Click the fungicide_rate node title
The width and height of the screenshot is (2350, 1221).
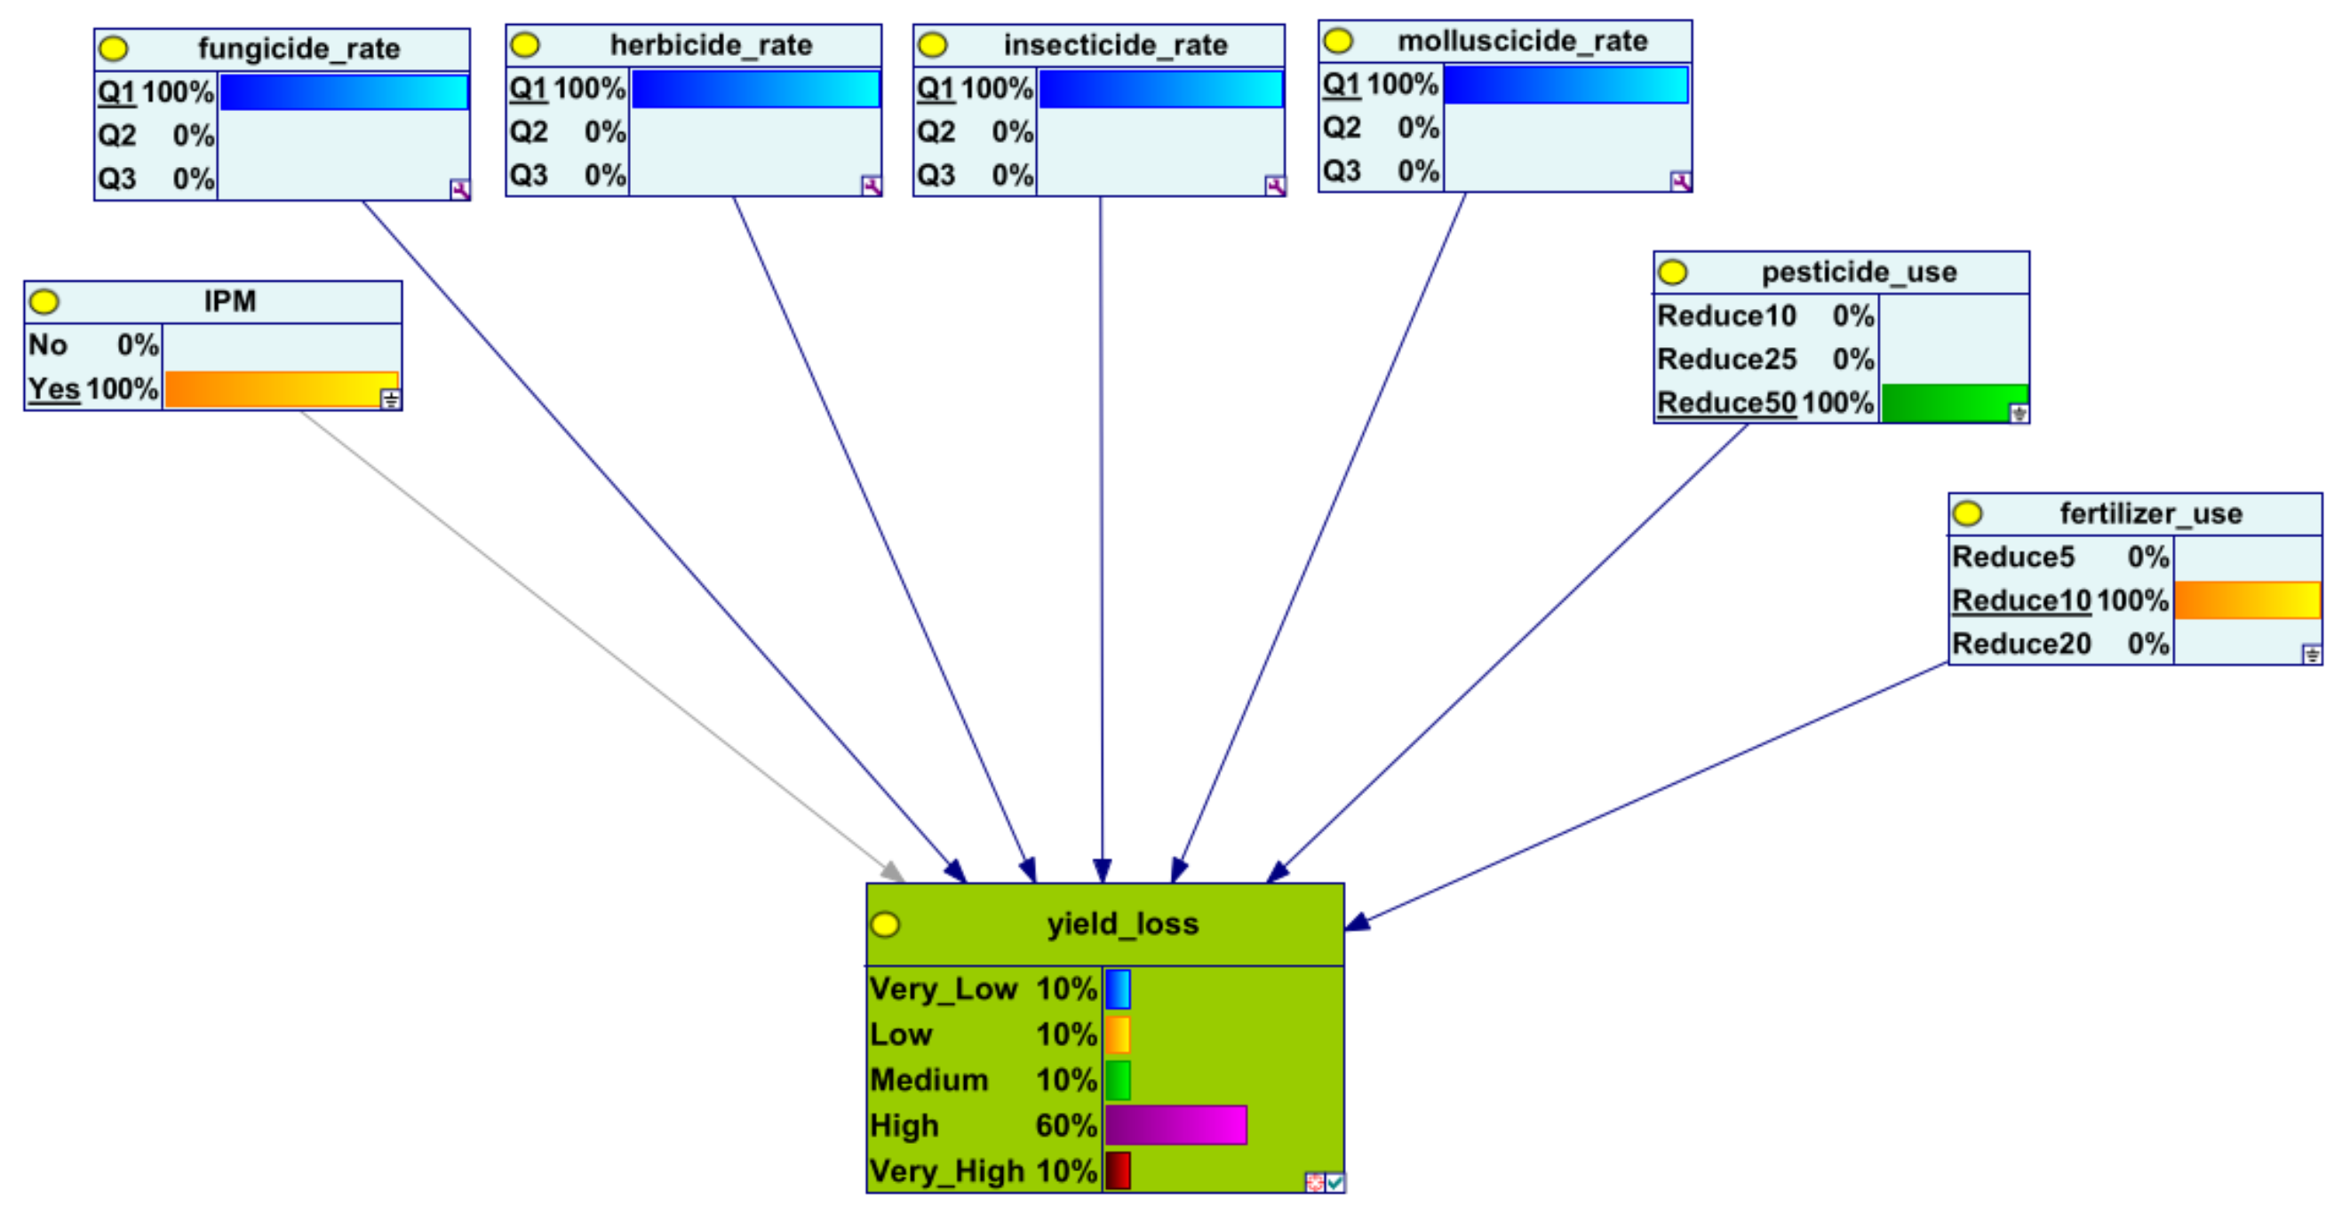click(x=299, y=48)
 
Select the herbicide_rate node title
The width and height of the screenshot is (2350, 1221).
click(x=711, y=44)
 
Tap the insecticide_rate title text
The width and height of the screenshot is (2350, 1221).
click(x=1115, y=44)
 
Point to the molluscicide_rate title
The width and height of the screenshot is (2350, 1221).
click(x=1523, y=41)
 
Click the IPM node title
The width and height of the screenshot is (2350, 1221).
click(x=230, y=301)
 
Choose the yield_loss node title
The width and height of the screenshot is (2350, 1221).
click(x=1122, y=924)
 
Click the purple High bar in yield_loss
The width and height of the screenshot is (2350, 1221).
click(x=1175, y=1125)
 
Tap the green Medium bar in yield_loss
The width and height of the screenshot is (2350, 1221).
click(x=1118, y=1080)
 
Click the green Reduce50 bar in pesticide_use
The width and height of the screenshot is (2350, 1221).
click(x=1952, y=403)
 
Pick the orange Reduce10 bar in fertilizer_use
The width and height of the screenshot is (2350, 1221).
click(x=2246, y=600)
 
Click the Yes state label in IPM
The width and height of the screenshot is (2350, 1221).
click(x=55, y=389)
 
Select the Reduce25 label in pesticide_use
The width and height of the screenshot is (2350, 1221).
click(x=1726, y=360)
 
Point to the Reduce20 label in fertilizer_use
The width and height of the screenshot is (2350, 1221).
click(x=2020, y=644)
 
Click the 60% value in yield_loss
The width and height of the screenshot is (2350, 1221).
click(x=1065, y=1125)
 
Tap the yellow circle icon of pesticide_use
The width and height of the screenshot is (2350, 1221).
click(x=1672, y=272)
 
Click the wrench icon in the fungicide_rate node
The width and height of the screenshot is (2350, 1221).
click(x=460, y=190)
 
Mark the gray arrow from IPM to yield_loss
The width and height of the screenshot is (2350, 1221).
click(x=593, y=638)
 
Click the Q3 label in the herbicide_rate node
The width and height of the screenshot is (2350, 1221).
click(x=530, y=175)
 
